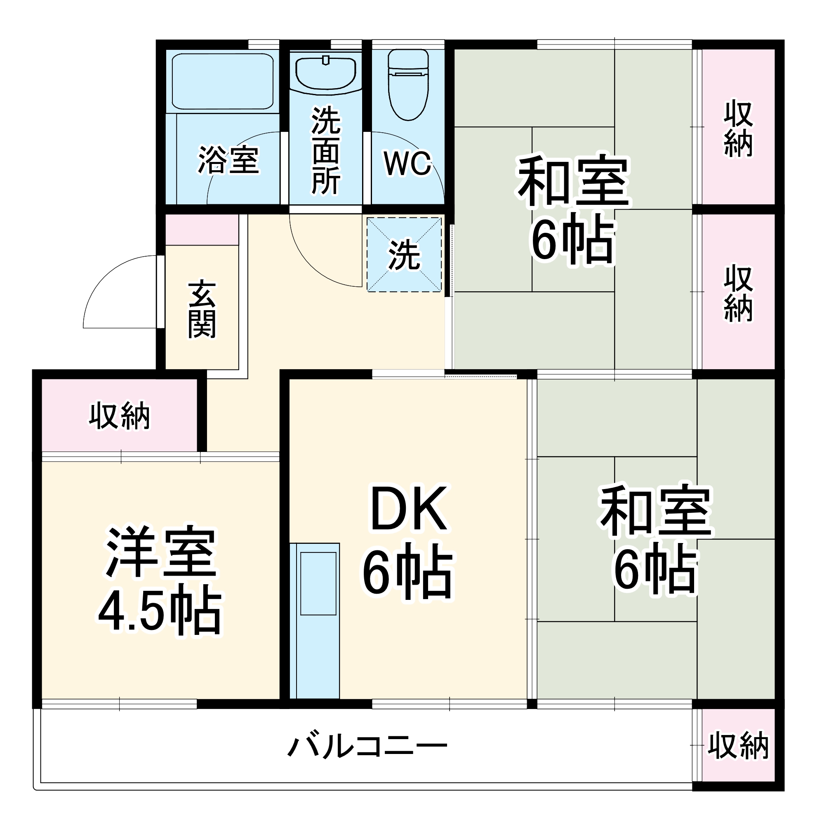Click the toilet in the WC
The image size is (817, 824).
(x=407, y=85)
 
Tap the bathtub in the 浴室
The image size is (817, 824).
(x=222, y=81)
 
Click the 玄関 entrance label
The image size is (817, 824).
(x=202, y=309)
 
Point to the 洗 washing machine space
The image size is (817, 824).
(x=404, y=255)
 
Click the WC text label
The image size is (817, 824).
(x=407, y=163)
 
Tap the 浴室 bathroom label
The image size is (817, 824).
(x=228, y=160)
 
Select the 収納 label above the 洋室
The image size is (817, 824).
(x=120, y=416)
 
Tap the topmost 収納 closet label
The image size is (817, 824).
(x=739, y=128)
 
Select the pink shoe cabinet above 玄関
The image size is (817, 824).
(x=202, y=229)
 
